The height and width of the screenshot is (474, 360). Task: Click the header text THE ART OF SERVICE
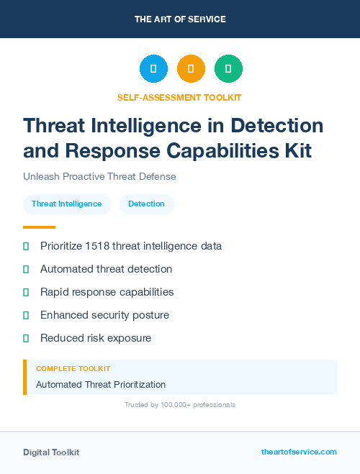click(180, 19)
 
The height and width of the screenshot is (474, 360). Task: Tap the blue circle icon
click(153, 68)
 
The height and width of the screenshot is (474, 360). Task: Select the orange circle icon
click(191, 68)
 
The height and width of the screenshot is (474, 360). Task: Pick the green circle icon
click(228, 68)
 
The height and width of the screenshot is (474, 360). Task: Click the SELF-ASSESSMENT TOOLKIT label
click(179, 97)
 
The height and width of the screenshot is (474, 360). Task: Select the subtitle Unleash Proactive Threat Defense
click(99, 176)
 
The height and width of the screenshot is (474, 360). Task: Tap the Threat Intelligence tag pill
click(67, 204)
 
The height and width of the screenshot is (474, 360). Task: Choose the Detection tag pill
click(146, 204)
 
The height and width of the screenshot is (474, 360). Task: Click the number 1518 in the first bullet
click(96, 246)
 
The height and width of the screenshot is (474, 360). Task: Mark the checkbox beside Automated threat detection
click(26, 269)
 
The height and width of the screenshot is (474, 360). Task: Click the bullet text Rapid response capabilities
click(107, 292)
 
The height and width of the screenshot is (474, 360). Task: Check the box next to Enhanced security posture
click(26, 315)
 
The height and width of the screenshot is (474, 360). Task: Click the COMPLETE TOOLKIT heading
click(73, 369)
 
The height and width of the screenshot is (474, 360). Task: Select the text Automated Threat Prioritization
click(101, 385)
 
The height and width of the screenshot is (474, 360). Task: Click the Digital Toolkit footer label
click(51, 452)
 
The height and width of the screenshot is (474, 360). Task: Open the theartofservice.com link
click(299, 452)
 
